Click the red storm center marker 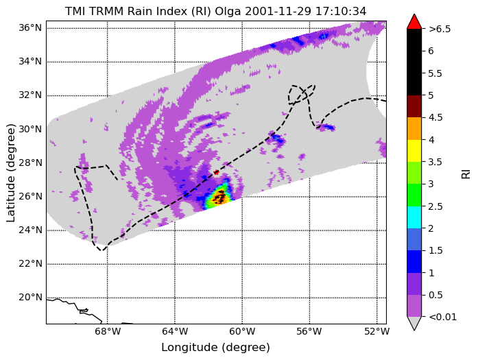pyautogui.click(x=216, y=173)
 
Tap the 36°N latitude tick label pyautogui.click(x=30, y=28)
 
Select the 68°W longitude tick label pyautogui.click(x=108, y=331)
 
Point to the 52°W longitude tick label pyautogui.click(x=377, y=331)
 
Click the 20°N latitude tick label pyautogui.click(x=30, y=297)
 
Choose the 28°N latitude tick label pyautogui.click(x=30, y=163)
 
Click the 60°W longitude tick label pyautogui.click(x=242, y=331)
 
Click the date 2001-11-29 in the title pyautogui.click(x=278, y=12)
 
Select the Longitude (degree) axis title pyautogui.click(x=215, y=347)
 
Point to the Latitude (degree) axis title pyautogui.click(x=10, y=173)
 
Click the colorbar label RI pyautogui.click(x=466, y=174)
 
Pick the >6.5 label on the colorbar pyautogui.click(x=440, y=29)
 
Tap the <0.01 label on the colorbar pyautogui.click(x=442, y=317)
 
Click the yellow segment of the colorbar pyautogui.click(x=414, y=151)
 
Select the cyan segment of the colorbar pyautogui.click(x=414, y=217)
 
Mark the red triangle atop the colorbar pyautogui.click(x=414, y=22)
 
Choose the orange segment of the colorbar pyautogui.click(x=414, y=129)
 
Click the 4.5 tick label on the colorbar pyautogui.click(x=435, y=118)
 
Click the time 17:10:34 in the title pyautogui.click(x=341, y=12)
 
